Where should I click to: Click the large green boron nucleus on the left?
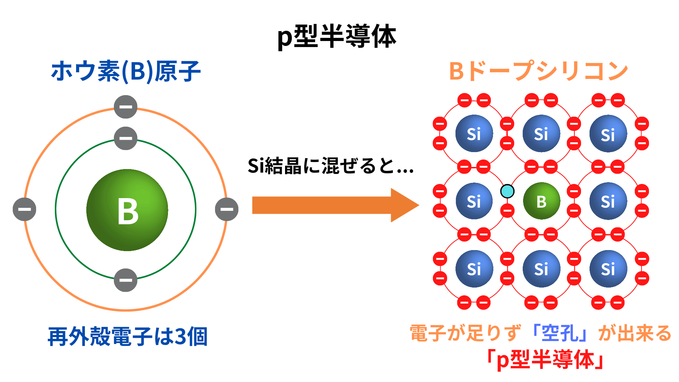tap(127, 210)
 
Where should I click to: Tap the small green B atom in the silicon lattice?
tap(541, 201)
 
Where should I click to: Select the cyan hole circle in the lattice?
tap(507, 191)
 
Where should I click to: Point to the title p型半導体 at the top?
tap(337, 36)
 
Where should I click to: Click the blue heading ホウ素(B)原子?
tap(126, 71)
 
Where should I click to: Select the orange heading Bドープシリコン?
tap(538, 71)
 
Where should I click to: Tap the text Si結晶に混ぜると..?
tap(330, 166)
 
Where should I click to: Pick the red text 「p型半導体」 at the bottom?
tap(545, 360)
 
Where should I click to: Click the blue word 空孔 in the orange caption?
tap(560, 333)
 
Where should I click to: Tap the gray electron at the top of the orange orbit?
tap(126, 107)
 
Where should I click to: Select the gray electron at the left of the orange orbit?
tap(24, 209)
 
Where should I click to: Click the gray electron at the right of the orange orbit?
tap(227, 209)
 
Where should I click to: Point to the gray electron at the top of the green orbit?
tap(126, 138)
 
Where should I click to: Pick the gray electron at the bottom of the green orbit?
tap(126, 280)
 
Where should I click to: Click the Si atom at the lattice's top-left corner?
tap(474, 134)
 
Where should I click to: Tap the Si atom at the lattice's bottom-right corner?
tap(608, 269)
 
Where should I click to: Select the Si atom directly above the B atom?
tap(541, 134)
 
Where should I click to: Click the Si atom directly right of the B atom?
tap(608, 201)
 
